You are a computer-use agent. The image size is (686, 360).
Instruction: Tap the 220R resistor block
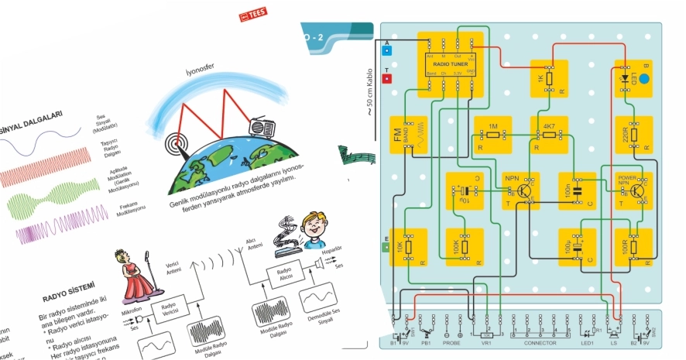[x=634, y=135]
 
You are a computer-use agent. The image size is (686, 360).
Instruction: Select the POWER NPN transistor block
[x=634, y=190]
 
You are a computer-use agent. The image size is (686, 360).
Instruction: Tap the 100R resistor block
[x=634, y=247]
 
